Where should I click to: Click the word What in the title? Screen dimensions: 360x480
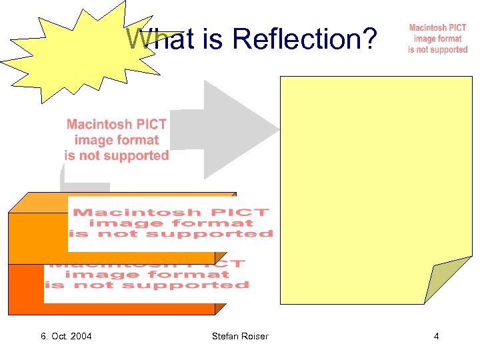154,39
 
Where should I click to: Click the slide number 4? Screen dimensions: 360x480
436,336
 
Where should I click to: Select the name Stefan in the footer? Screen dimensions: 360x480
225,336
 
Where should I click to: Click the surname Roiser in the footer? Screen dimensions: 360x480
255,336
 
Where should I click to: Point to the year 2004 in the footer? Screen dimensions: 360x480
80,336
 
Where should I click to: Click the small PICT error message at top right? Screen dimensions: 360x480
437,39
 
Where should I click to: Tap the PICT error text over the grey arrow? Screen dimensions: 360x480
117,140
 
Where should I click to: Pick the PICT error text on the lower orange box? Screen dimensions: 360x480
147,275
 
